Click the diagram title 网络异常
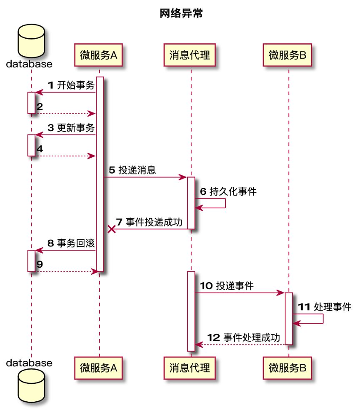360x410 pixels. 181,14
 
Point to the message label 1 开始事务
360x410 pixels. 72,85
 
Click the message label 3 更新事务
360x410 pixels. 72,128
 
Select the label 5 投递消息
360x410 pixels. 132,170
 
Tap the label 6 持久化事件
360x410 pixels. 228,191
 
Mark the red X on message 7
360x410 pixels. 111,229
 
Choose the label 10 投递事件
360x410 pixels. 227,286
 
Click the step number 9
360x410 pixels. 40,264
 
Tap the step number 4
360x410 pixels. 40,149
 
